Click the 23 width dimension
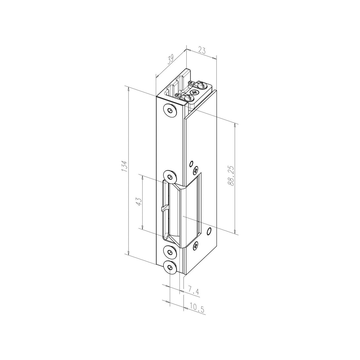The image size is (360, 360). pos(201,51)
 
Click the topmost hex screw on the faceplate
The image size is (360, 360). pos(170,111)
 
